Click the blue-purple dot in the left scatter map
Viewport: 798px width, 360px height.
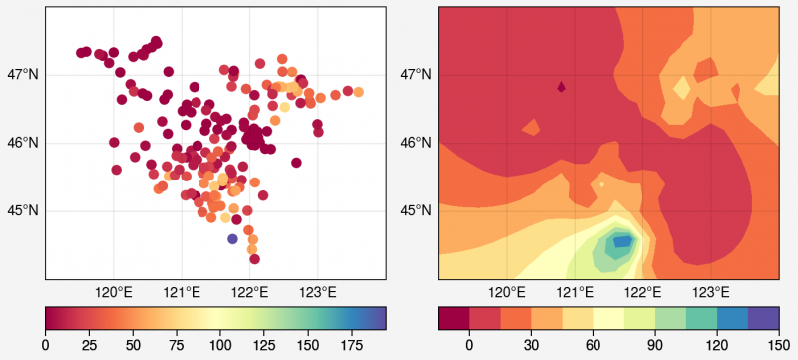232,239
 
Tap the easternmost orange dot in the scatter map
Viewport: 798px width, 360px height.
358,92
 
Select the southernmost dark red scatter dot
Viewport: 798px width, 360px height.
254,259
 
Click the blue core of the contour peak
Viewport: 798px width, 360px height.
621,241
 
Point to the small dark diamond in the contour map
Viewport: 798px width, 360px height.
561,87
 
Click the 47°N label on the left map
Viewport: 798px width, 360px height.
22,74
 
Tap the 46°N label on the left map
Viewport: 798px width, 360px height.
22,143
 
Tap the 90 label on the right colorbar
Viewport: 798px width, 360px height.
653,345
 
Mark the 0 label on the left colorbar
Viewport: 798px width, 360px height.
46,345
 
